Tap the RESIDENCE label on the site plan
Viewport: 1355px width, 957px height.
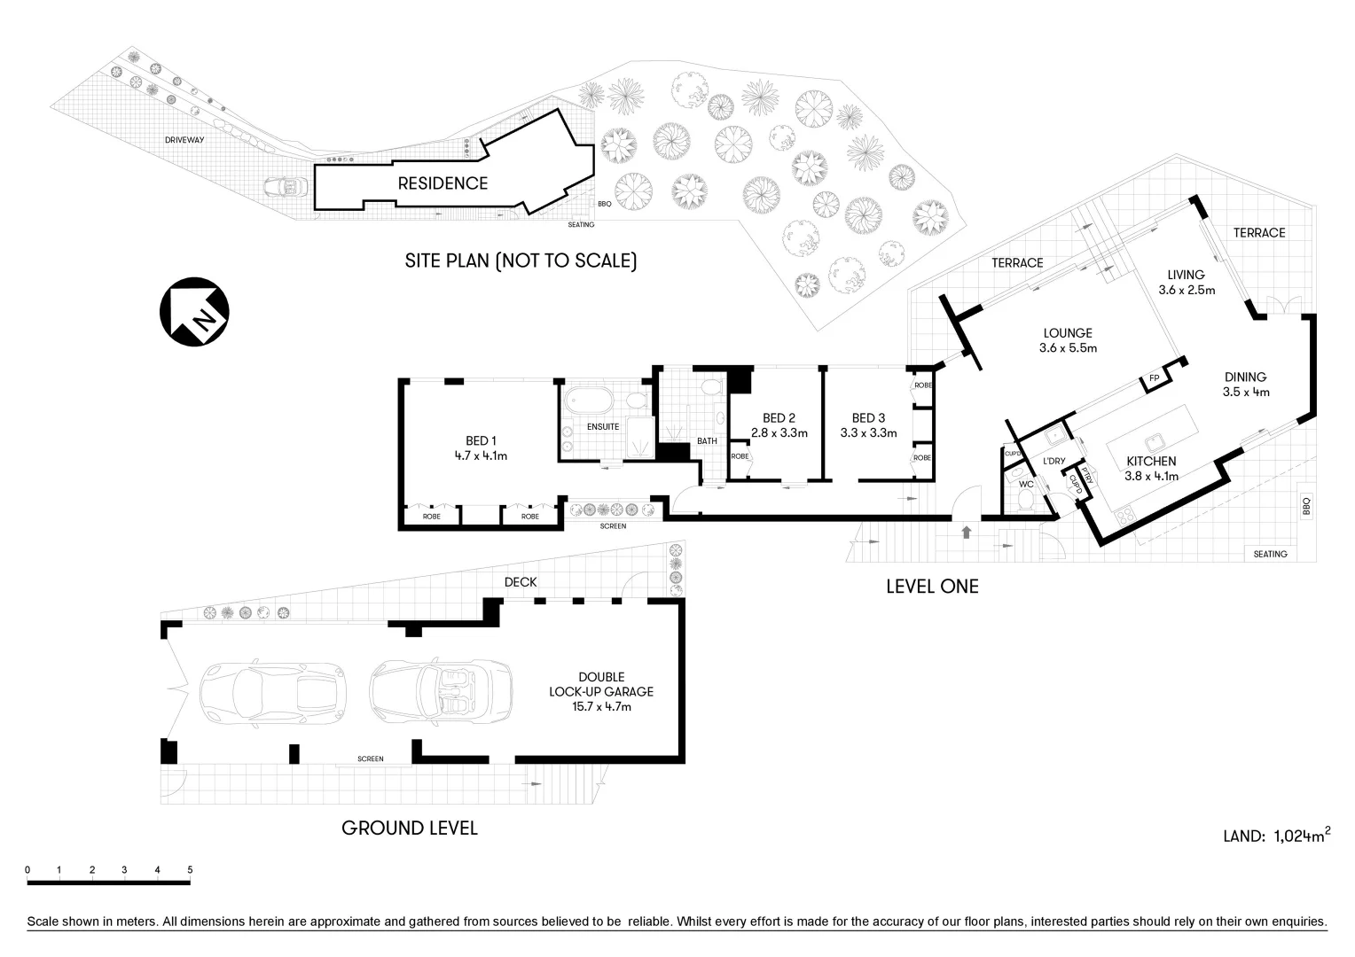point(443,183)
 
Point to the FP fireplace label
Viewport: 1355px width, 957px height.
point(1154,378)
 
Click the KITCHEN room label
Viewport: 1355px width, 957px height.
point(1151,461)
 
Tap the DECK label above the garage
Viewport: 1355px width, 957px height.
point(521,582)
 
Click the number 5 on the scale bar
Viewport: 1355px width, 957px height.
point(190,870)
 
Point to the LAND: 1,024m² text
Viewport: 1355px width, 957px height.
point(1276,835)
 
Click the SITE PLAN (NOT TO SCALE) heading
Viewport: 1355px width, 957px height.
point(521,261)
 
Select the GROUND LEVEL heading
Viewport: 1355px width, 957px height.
point(410,828)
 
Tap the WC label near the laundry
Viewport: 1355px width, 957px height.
point(1026,485)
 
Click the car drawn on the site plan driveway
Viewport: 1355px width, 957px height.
point(286,188)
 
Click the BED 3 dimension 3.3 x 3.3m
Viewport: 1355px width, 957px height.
point(868,433)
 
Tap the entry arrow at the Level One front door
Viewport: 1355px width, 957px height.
point(965,532)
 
